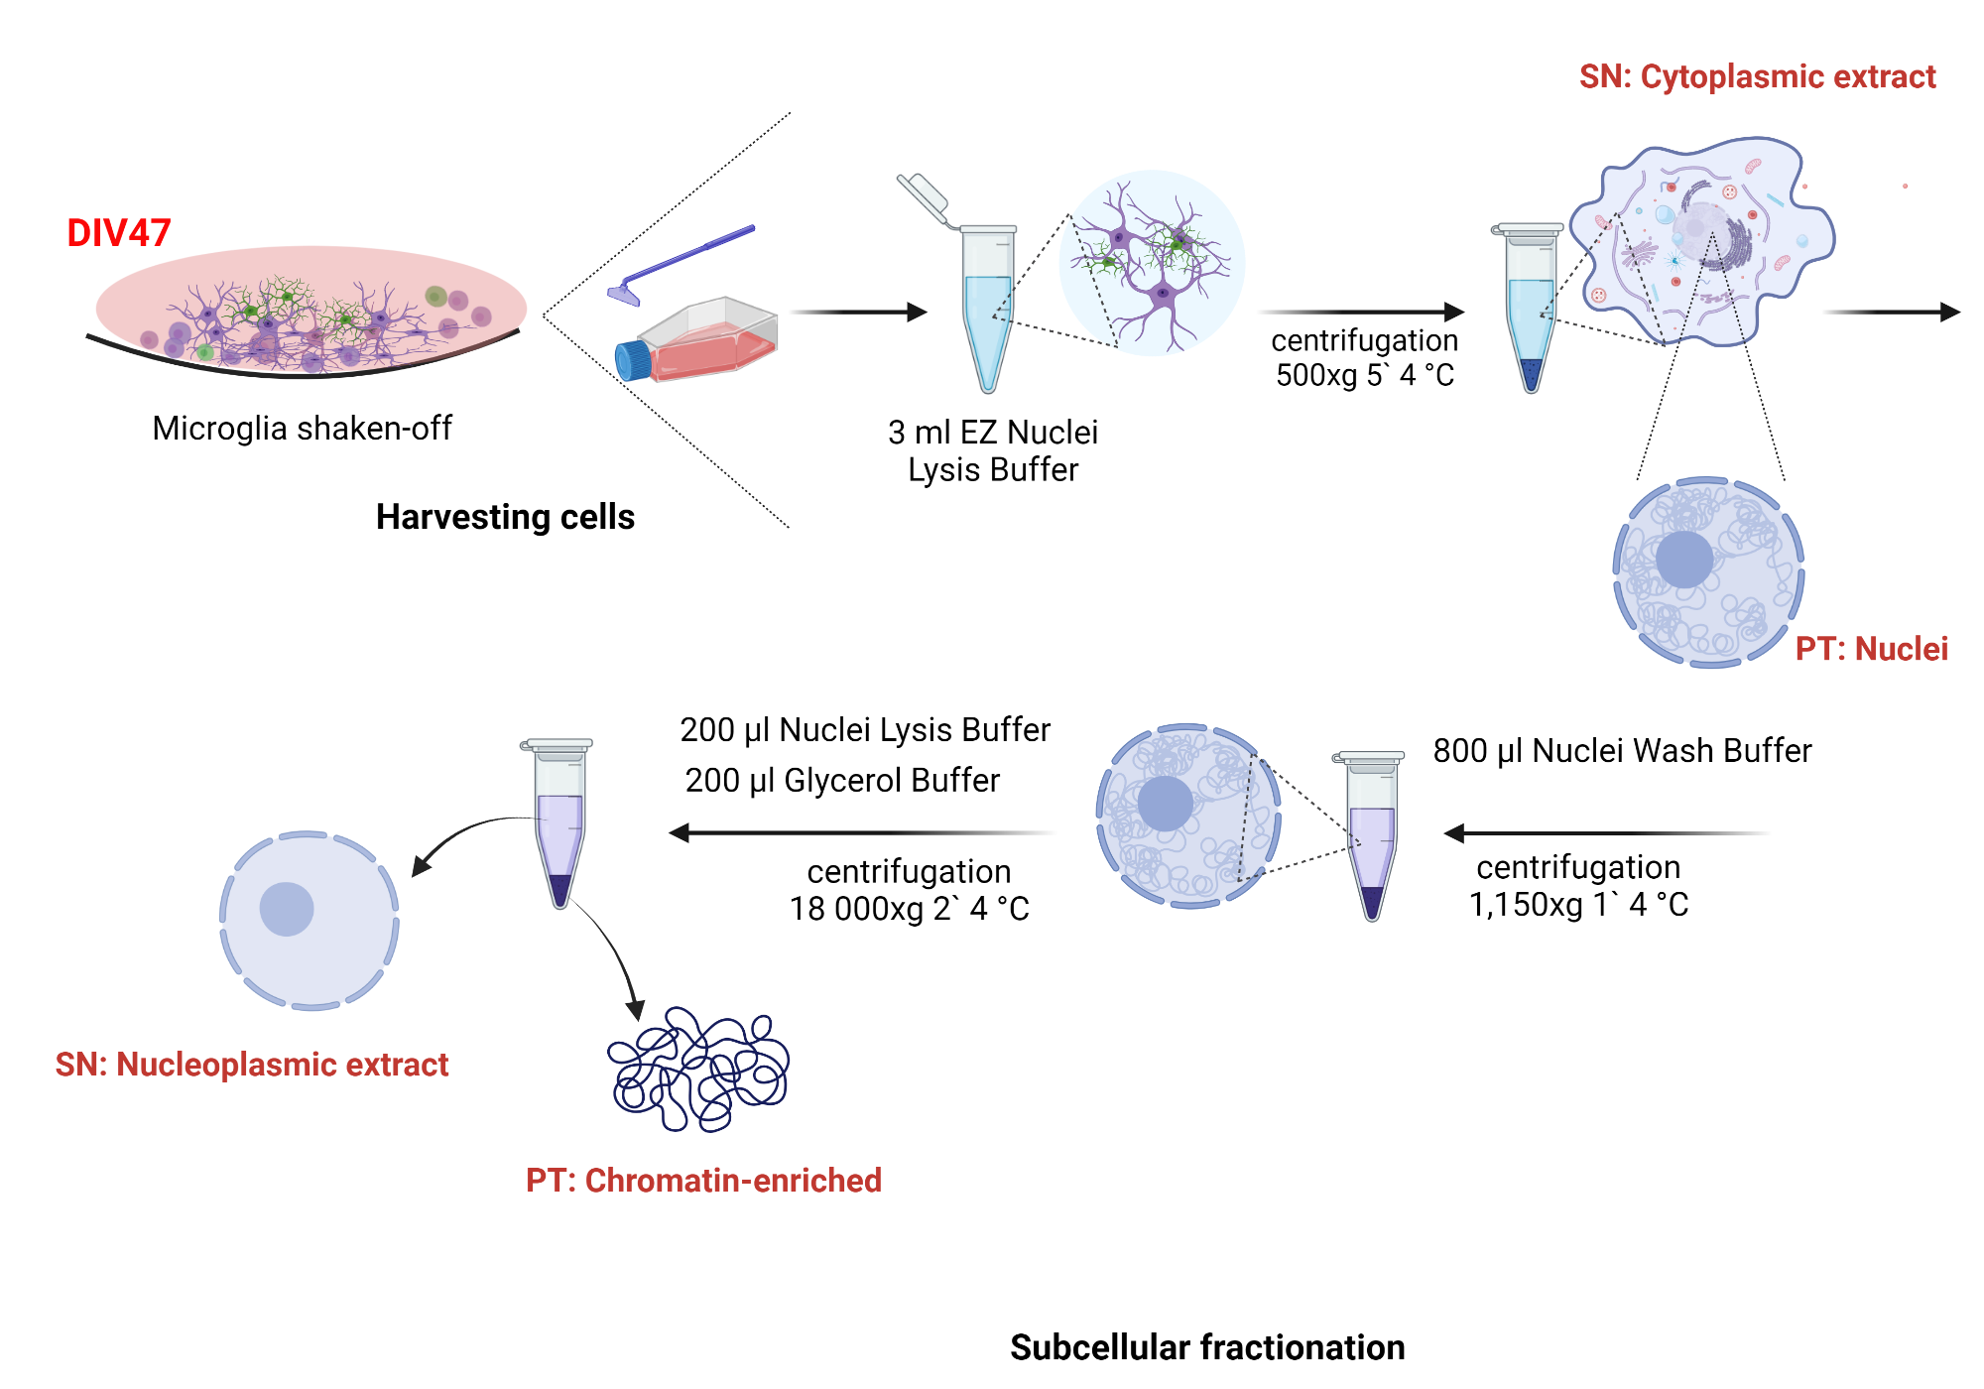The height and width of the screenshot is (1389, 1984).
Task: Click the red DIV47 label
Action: click(x=118, y=233)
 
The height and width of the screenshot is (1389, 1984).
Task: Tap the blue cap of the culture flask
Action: click(x=632, y=361)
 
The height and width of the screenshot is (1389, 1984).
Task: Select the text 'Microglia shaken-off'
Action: click(x=302, y=429)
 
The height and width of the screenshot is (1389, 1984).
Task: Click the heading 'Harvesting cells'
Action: click(x=505, y=517)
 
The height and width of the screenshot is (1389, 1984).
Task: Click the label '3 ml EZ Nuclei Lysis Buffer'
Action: click(x=992, y=451)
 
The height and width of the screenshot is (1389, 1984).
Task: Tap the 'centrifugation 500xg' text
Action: click(x=1364, y=358)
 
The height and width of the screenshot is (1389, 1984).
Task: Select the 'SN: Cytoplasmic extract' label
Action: click(x=1757, y=76)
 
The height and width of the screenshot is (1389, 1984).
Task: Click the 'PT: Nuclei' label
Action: click(x=1871, y=649)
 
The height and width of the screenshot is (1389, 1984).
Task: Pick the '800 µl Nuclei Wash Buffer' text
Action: click(x=1622, y=751)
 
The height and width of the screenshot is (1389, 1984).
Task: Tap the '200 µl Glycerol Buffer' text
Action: click(x=842, y=781)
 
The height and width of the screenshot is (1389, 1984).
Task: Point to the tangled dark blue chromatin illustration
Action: click(x=698, y=1071)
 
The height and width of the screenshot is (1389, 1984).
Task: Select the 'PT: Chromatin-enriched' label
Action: click(x=703, y=1181)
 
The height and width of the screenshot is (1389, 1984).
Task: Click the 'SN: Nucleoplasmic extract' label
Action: click(x=252, y=1065)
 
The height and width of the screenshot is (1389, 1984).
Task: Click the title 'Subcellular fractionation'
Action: click(x=1207, y=1347)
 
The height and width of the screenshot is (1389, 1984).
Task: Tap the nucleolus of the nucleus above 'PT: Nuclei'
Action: click(x=1683, y=560)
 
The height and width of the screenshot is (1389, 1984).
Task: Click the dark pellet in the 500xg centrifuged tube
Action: click(x=1531, y=375)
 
